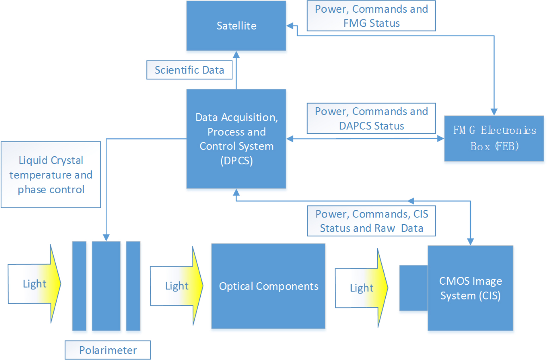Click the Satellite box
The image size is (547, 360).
(x=236, y=26)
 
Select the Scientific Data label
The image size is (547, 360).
(x=189, y=70)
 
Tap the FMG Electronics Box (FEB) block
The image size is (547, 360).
(x=494, y=138)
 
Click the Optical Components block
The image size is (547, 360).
(x=268, y=286)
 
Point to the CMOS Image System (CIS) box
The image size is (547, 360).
(x=470, y=288)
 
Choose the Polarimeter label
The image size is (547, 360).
(x=108, y=350)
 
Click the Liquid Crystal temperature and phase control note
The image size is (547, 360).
(x=51, y=175)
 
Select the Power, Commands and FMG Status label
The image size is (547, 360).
(x=371, y=16)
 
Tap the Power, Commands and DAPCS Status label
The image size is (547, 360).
(x=371, y=118)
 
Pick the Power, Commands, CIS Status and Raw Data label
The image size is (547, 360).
(x=371, y=221)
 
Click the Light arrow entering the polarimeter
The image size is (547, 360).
(x=35, y=284)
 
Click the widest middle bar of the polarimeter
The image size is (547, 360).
(x=106, y=286)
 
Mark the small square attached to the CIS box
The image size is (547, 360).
(x=413, y=288)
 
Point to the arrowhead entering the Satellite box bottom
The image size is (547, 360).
(x=236, y=55)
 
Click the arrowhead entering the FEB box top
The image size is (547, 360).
(x=494, y=112)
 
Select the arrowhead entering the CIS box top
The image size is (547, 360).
(x=470, y=241)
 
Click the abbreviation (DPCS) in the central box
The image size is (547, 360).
(x=236, y=161)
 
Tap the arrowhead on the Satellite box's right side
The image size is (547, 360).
(x=290, y=26)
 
